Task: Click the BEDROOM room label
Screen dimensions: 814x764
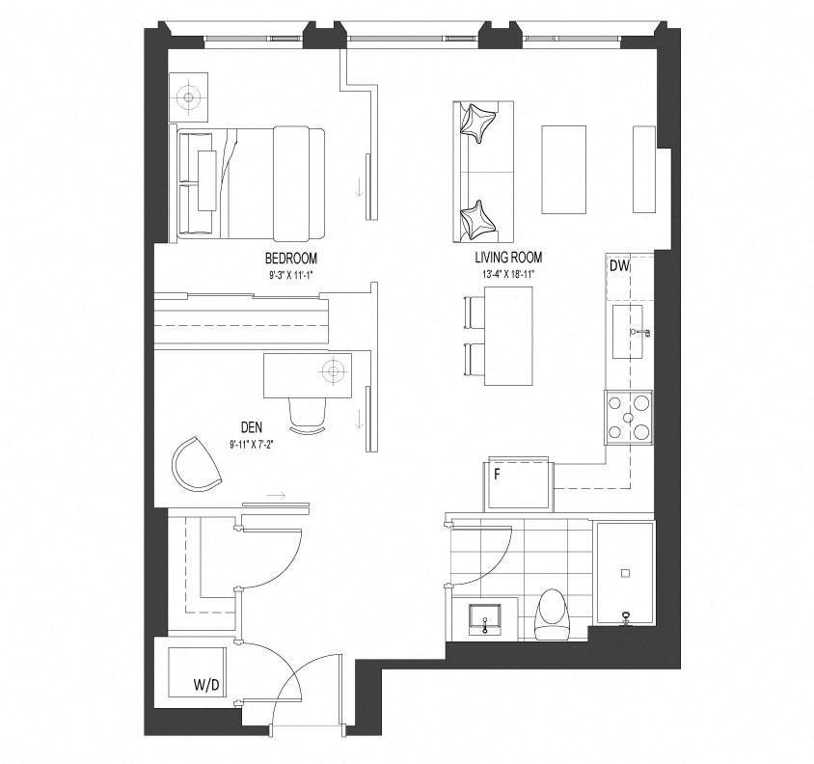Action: [x=290, y=259]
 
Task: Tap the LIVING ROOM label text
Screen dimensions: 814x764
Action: [x=508, y=258]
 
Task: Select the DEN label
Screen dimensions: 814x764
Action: [x=252, y=427]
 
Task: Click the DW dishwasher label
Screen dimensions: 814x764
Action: [x=619, y=266]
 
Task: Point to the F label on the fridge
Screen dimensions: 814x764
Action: [x=497, y=475]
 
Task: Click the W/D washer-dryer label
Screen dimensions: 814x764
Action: [x=206, y=686]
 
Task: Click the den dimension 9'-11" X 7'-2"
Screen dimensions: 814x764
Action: [x=252, y=445]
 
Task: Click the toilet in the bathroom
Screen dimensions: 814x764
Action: [x=552, y=614]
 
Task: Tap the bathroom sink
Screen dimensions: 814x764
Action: [x=485, y=619]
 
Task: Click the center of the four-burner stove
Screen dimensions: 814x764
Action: [x=628, y=417]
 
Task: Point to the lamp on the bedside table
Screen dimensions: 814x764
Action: [x=188, y=97]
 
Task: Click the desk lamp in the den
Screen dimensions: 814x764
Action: [x=333, y=370]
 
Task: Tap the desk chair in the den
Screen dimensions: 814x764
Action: [x=308, y=415]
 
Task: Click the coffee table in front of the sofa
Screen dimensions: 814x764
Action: [x=564, y=170]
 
